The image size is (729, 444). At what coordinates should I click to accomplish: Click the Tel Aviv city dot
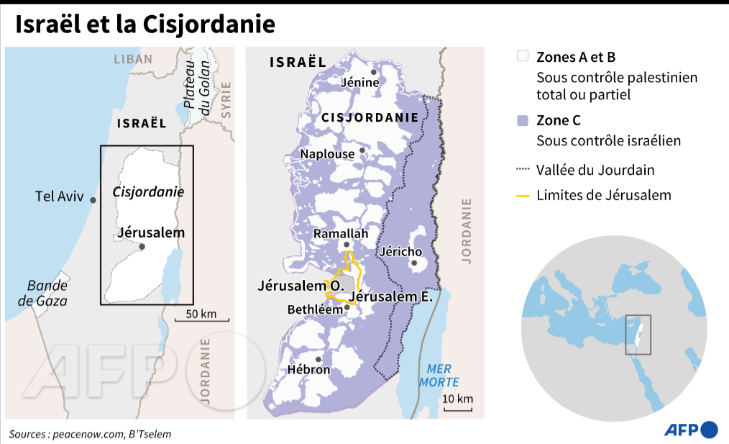(x=93, y=201)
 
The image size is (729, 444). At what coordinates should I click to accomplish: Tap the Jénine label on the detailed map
(x=361, y=83)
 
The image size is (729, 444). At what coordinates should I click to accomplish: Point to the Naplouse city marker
(x=362, y=151)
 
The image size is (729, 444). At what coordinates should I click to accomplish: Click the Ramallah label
(x=341, y=234)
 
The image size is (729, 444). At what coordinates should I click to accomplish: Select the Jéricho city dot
(x=414, y=263)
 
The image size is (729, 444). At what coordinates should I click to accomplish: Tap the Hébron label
(x=308, y=370)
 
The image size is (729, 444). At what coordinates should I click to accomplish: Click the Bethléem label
(x=313, y=309)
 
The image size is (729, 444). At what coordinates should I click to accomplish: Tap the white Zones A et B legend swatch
(x=523, y=57)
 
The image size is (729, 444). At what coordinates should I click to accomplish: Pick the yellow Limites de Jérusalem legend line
(x=523, y=196)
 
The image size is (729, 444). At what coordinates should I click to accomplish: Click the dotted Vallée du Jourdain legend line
(x=523, y=171)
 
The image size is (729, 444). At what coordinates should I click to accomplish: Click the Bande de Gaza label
(x=43, y=293)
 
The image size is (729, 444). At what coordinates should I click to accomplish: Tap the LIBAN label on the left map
(x=133, y=60)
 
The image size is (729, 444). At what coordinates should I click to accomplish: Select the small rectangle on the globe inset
(x=638, y=335)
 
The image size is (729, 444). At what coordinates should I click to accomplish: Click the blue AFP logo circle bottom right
(x=709, y=430)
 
